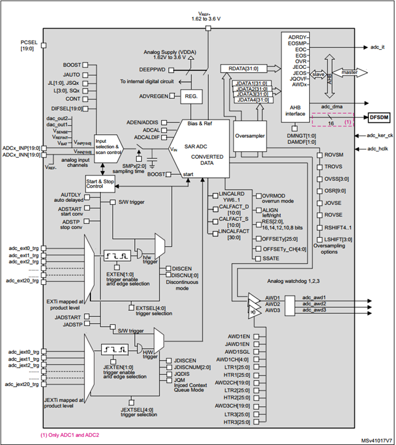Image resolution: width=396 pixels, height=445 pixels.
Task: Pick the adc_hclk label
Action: pyautogui.click(x=379, y=148)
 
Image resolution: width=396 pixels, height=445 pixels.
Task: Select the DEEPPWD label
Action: pyautogui.click(x=152, y=70)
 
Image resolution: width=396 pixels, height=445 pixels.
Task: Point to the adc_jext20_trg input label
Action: pyautogui.click(x=22, y=384)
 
